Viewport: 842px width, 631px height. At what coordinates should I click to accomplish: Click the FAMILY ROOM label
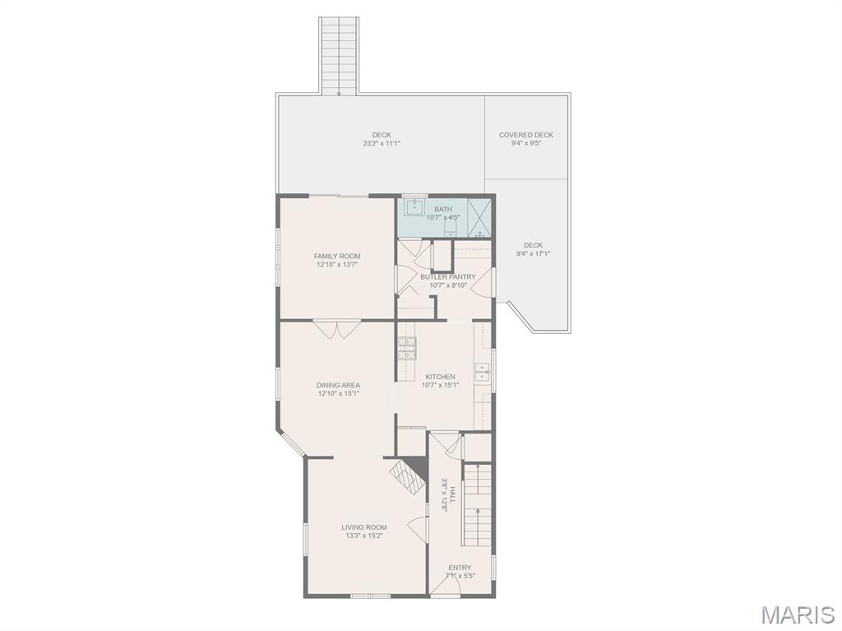[336, 257]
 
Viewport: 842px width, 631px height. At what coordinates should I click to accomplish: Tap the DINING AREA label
[338, 385]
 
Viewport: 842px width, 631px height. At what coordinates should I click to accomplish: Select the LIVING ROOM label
[364, 527]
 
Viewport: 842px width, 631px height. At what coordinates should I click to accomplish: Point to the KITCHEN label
[441, 377]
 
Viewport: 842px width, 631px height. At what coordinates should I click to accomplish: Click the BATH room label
[443, 209]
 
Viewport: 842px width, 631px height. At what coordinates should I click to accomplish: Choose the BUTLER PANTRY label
[448, 276]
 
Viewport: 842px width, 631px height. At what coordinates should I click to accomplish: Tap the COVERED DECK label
[525, 135]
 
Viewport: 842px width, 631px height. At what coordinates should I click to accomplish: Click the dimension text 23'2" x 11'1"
[382, 143]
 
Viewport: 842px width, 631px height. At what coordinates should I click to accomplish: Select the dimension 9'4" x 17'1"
[533, 253]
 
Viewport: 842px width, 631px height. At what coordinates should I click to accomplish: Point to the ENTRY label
[460, 568]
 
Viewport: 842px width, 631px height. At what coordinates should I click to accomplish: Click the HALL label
[452, 494]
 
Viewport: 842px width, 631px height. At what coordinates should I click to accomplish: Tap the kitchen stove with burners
[406, 348]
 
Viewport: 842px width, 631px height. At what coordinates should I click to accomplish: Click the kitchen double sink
[483, 371]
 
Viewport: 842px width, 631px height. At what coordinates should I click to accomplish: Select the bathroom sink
[414, 206]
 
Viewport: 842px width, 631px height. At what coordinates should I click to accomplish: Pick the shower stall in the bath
[479, 218]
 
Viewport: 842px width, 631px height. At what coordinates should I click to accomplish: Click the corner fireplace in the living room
[409, 476]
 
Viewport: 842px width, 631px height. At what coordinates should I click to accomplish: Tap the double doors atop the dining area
[336, 329]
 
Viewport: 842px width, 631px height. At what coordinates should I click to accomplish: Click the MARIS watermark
[798, 615]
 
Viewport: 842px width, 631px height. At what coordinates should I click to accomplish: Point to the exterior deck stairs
[340, 56]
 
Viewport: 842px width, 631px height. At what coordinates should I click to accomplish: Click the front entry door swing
[445, 586]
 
